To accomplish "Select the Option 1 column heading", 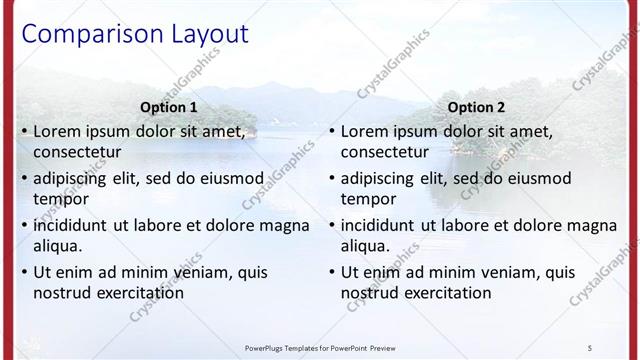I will click(169, 107).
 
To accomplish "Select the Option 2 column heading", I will click(477, 107).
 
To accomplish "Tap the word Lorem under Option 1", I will click(58, 130).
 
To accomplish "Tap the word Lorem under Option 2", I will click(365, 130).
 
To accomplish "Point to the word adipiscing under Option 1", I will click(74, 178).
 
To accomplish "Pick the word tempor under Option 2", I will click(368, 199).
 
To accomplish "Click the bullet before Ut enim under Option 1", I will click(25, 271).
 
